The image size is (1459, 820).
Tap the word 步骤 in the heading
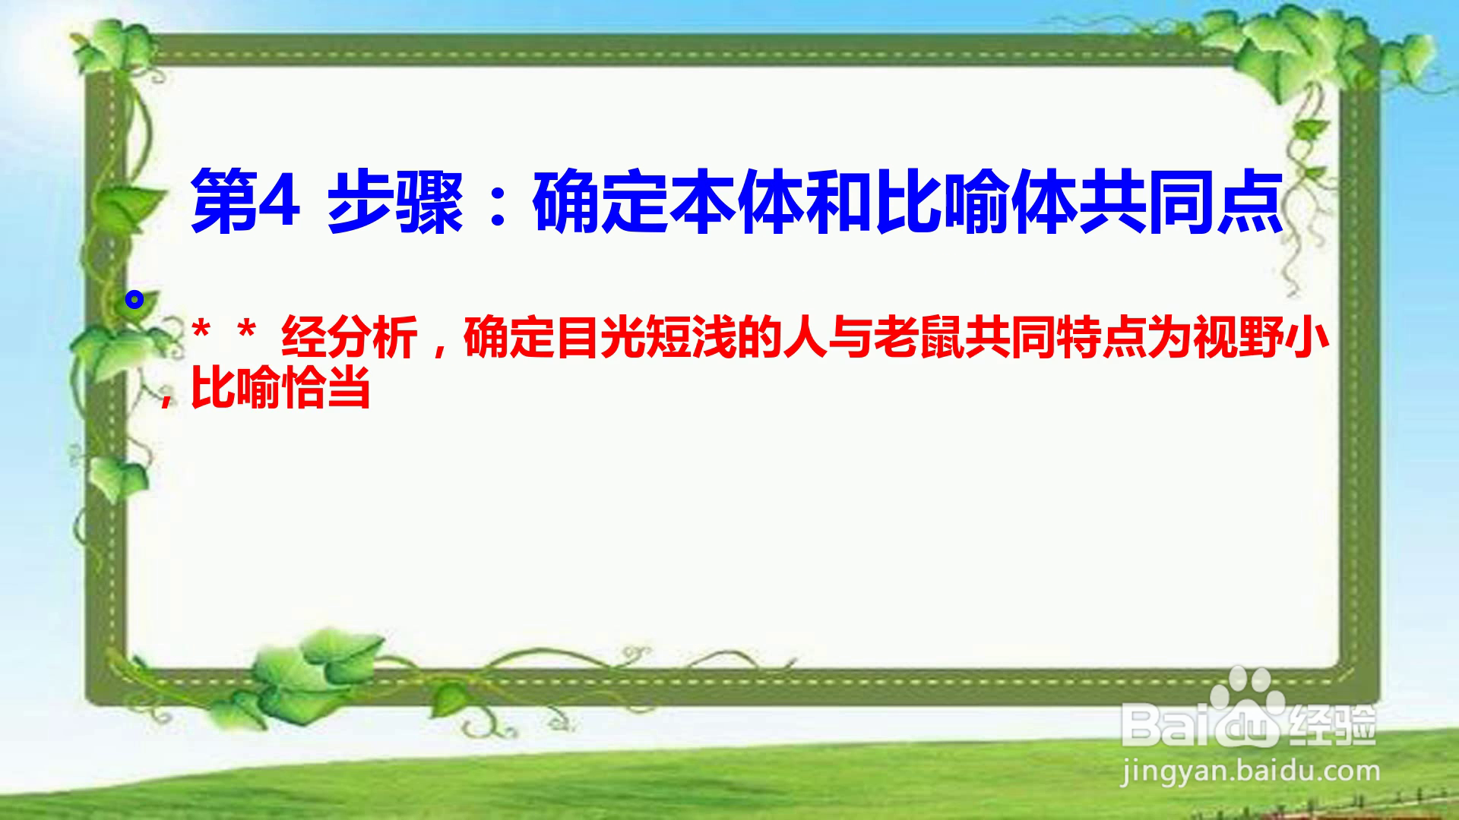pyautogui.click(x=395, y=203)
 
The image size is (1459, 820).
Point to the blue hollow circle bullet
pyautogui.click(x=135, y=300)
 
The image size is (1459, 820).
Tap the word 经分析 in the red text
pyautogui.click(x=350, y=338)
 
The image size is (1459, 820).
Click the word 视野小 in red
pyautogui.click(x=1260, y=338)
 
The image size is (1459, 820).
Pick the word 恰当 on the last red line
pyautogui.click(x=325, y=390)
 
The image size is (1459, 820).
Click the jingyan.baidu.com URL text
pyautogui.click(x=1250, y=771)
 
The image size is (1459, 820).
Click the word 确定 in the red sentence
pyautogui.click(x=509, y=338)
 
